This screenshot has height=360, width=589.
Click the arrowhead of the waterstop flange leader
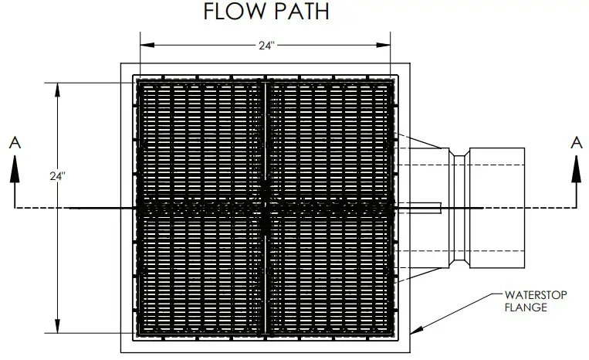tap(415, 330)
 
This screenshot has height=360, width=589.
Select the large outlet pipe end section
tap(497, 207)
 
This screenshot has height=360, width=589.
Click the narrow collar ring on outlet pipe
tap(459, 207)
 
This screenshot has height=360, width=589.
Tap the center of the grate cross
tap(265, 208)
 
